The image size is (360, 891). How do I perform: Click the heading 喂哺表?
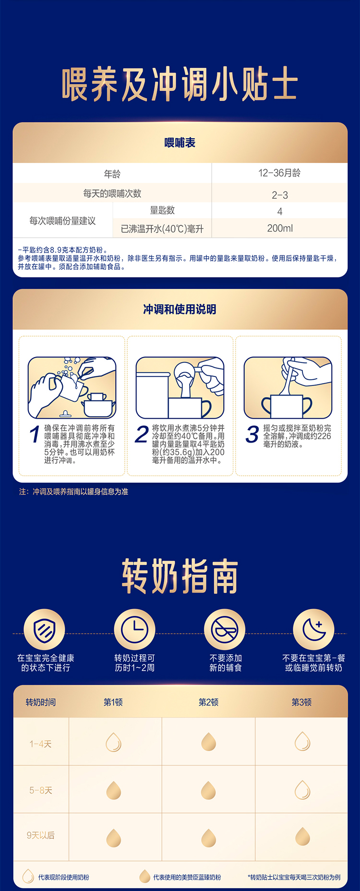click(180, 143)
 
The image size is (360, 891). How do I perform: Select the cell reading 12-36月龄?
click(279, 173)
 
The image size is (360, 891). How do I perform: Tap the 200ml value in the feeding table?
click(280, 229)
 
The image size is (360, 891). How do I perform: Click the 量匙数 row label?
click(162, 210)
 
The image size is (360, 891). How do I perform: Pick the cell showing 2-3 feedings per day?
click(280, 195)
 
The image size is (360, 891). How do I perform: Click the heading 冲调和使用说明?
click(180, 309)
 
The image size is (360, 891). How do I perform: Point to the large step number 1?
click(34, 435)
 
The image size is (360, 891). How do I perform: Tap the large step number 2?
click(142, 434)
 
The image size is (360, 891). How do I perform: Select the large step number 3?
click(252, 434)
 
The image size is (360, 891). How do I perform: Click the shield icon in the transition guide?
click(45, 629)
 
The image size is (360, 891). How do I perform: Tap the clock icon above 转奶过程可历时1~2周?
click(134, 629)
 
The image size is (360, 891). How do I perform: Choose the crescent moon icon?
click(313, 629)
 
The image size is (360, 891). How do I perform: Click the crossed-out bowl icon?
click(225, 629)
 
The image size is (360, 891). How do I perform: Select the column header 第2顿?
click(208, 702)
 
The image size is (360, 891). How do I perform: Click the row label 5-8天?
click(41, 790)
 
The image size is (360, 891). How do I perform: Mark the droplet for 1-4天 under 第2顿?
click(208, 742)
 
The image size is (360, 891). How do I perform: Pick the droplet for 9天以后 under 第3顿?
click(302, 836)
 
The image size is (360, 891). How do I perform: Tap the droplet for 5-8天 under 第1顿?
click(113, 790)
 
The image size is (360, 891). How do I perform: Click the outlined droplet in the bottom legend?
click(28, 877)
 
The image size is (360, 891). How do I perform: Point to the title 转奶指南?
click(180, 576)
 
